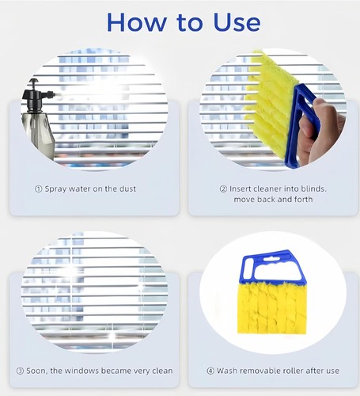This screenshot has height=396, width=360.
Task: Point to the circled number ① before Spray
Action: point(39,189)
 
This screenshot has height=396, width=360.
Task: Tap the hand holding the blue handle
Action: point(320,127)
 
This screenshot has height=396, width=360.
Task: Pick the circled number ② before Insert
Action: point(223,189)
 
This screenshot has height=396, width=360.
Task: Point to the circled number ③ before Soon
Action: point(19,371)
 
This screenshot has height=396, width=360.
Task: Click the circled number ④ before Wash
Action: point(211,371)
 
